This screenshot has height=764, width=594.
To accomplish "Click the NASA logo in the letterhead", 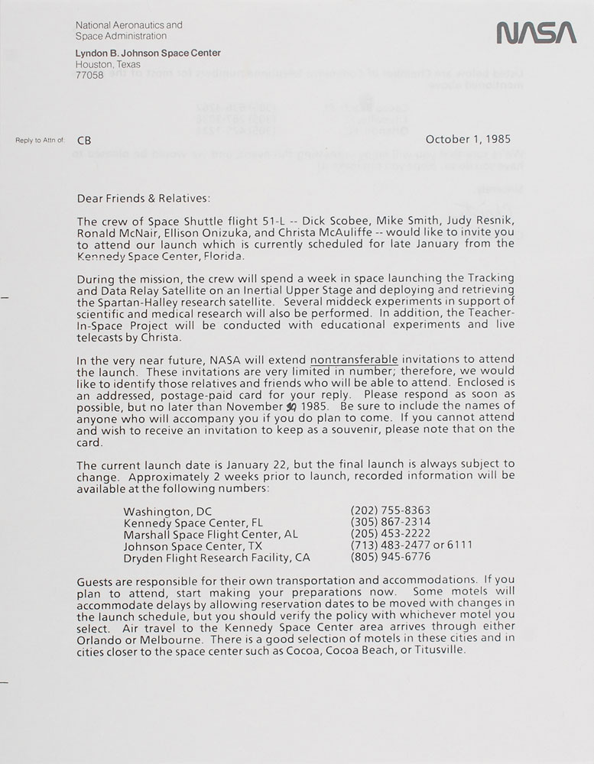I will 535,33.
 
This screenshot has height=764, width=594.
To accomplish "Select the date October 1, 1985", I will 468,140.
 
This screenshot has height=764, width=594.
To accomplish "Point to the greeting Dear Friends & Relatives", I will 142,199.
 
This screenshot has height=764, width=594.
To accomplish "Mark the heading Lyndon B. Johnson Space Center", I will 148,53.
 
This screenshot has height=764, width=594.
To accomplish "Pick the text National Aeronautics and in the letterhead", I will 129,25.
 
